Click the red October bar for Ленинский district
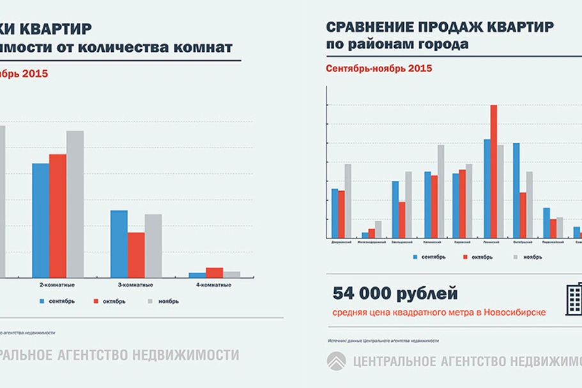click(493, 172)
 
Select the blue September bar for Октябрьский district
click(516, 191)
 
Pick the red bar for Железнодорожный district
click(372, 233)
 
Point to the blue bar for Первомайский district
click(546, 223)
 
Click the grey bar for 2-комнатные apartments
click(75, 204)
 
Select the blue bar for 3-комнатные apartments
click(119, 244)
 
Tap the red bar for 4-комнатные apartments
click(215, 272)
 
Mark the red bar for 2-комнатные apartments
click(57, 215)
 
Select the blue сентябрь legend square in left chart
click(42, 300)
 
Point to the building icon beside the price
click(573, 298)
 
